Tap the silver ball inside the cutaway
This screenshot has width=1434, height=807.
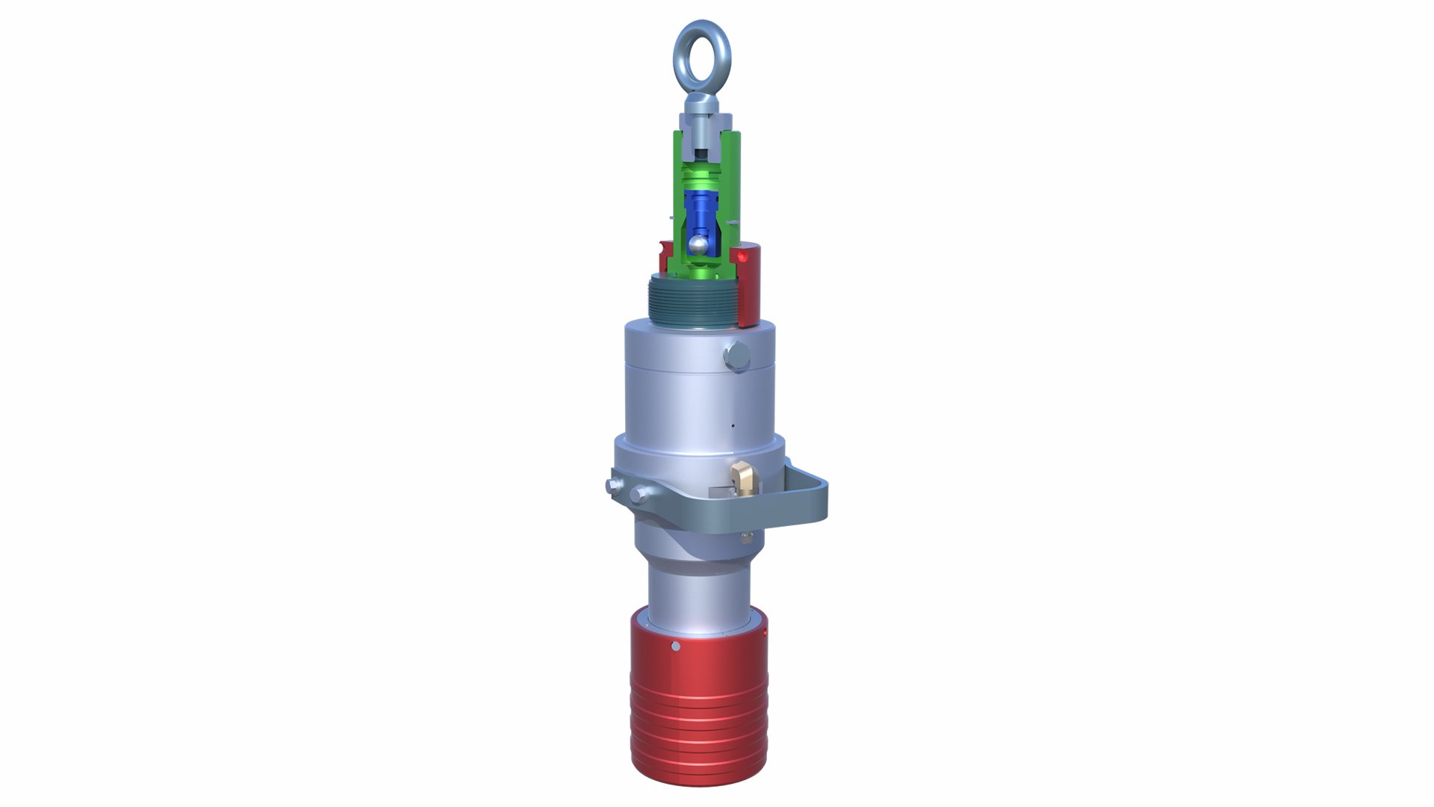tap(698, 244)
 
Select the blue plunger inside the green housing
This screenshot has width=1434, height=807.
tap(701, 212)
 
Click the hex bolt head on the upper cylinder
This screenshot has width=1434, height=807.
tap(735, 356)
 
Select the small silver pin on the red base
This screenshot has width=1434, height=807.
tap(676, 646)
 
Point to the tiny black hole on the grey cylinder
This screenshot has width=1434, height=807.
tap(733, 427)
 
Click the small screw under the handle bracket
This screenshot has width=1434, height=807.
tap(745, 537)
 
